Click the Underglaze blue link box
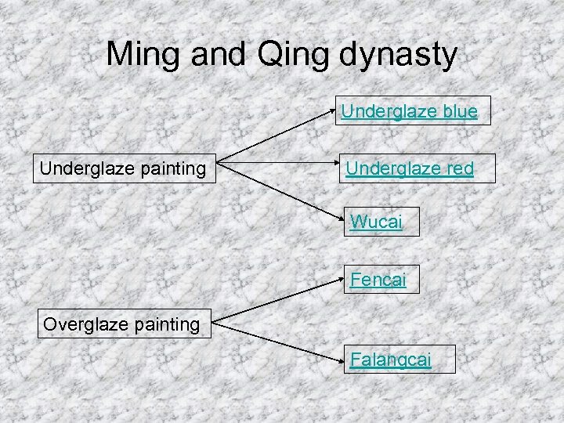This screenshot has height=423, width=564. tap(408, 112)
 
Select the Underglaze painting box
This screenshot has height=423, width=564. tap(123, 168)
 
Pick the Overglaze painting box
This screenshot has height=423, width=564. tap(121, 324)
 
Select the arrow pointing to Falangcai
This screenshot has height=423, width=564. tap(278, 341)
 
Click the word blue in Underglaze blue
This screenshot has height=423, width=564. tap(459, 112)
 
